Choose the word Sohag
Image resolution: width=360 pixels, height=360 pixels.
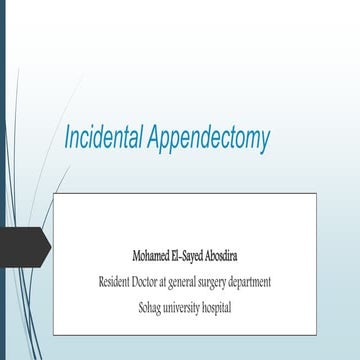(151, 306)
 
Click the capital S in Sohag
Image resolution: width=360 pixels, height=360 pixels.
(141, 306)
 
